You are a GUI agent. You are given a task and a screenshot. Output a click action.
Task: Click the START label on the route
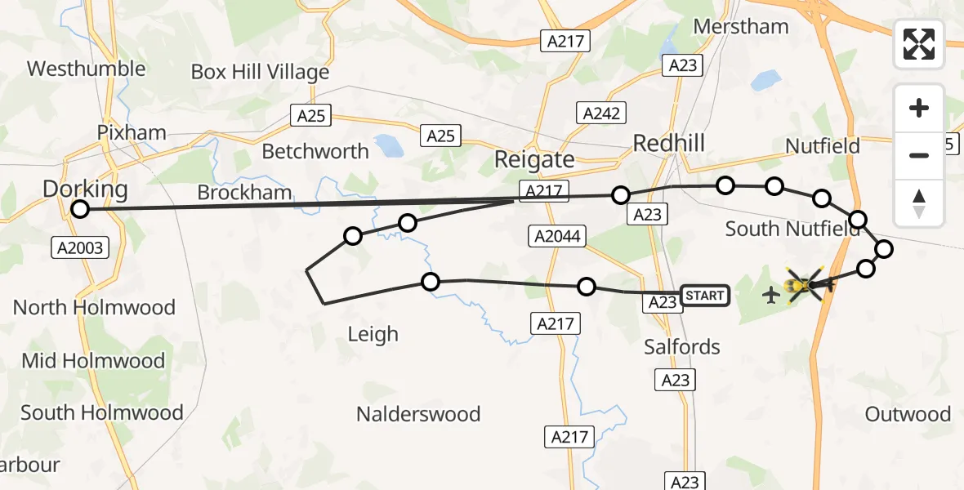click(704, 295)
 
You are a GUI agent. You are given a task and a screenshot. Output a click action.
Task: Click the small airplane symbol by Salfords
click(770, 294)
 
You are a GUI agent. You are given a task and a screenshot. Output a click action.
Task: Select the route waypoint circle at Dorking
click(79, 209)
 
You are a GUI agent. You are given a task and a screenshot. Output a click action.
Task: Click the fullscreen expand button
click(919, 44)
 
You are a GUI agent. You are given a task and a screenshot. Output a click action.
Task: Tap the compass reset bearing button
click(919, 203)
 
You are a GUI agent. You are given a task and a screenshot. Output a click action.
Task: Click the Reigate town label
click(534, 160)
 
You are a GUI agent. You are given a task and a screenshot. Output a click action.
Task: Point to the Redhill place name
click(669, 144)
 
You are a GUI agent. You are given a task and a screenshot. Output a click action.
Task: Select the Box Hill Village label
click(260, 72)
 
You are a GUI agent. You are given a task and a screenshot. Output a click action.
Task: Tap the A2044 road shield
click(559, 237)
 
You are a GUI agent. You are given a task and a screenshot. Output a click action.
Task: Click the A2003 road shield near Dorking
click(81, 247)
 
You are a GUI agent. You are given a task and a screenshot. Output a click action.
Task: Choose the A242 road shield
click(601, 113)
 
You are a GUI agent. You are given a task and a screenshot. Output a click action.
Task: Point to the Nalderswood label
click(418, 414)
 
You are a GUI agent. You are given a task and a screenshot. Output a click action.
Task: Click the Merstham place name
click(741, 26)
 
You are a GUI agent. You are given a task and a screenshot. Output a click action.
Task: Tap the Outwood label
click(908, 414)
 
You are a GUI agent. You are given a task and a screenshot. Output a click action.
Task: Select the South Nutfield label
click(792, 229)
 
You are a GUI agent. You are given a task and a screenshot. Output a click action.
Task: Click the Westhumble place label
click(86, 68)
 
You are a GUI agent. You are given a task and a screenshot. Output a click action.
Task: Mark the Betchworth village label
click(315, 152)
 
